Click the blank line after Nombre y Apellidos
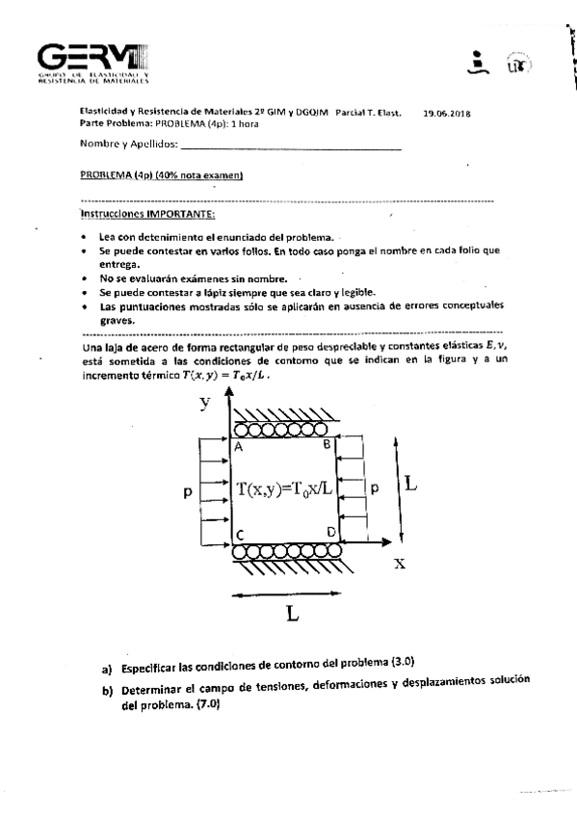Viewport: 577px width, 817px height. click(x=290, y=147)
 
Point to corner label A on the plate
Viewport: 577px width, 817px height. click(x=238, y=446)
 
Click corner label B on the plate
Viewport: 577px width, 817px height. click(x=327, y=444)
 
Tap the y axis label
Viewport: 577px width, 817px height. click(x=205, y=403)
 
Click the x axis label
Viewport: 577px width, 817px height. click(x=400, y=565)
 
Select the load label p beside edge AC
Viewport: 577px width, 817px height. click(x=187, y=491)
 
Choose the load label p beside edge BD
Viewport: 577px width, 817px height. click(x=375, y=488)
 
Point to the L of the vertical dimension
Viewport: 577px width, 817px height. click(x=410, y=482)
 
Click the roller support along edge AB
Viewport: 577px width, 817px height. click(x=284, y=427)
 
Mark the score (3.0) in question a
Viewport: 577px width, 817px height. click(x=402, y=664)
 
